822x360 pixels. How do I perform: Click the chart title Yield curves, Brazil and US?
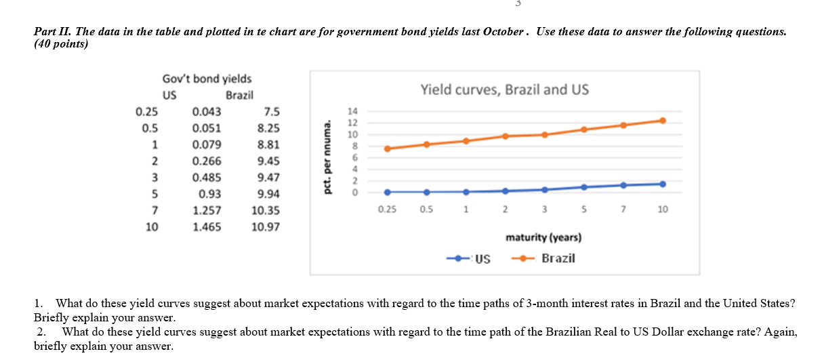click(505, 89)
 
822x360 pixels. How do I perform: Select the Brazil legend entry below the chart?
click(558, 258)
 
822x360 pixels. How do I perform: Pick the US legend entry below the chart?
click(482, 258)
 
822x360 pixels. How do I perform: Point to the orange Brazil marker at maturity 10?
click(662, 121)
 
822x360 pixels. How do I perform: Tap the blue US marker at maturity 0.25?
click(387, 192)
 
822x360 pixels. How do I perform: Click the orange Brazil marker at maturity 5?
click(583, 129)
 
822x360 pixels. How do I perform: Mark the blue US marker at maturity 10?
click(662, 184)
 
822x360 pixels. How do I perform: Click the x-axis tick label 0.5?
click(426, 210)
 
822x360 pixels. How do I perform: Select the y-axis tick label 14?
click(351, 111)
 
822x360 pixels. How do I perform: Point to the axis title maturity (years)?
click(543, 237)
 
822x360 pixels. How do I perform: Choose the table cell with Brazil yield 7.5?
click(271, 112)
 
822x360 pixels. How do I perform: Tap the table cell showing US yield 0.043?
click(206, 112)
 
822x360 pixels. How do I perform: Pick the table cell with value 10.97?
click(264, 227)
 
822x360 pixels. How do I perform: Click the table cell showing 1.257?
click(207, 211)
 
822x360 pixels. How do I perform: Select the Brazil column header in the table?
click(239, 96)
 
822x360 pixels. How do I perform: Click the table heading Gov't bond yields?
click(207, 79)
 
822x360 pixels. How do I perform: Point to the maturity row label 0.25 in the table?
click(147, 112)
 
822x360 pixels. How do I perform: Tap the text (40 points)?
click(60, 44)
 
